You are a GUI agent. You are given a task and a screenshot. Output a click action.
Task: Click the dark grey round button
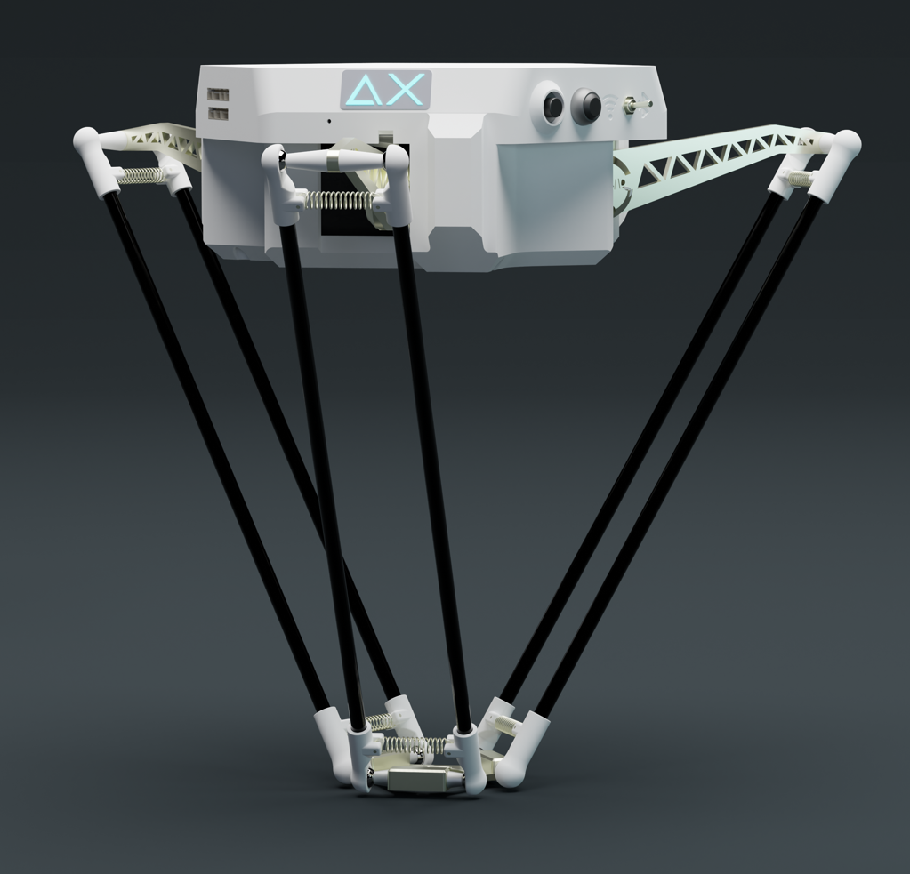585,107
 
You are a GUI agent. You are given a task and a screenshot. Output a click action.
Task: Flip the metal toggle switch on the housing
637,106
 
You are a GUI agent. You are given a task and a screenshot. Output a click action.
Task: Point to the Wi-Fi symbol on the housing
611,107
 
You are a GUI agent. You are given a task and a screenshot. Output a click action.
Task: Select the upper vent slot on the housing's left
218,95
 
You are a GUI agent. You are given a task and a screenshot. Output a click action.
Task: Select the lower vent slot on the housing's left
218,113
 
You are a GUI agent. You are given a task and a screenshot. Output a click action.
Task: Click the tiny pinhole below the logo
329,121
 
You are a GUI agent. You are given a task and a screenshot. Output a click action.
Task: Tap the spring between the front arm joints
338,199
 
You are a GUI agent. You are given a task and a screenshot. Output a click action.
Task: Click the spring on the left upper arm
141,176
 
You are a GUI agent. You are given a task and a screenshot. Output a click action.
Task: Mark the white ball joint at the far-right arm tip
845,142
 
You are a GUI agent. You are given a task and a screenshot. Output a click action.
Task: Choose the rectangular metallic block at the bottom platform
417,781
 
